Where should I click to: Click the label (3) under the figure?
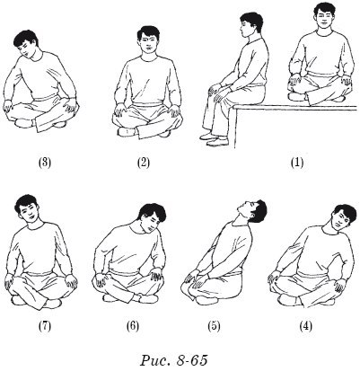point(45,163)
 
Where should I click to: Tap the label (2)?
point(144,163)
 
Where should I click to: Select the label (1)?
point(297,163)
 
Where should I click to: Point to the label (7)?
point(45,326)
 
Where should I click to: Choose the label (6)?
point(133,326)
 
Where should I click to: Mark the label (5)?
point(214,326)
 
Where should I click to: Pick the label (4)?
point(306,326)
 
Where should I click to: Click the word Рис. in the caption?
point(155,360)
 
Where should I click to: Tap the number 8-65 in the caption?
point(192,360)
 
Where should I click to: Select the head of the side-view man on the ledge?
point(250,26)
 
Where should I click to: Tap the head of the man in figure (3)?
point(26,44)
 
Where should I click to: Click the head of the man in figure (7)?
point(29,209)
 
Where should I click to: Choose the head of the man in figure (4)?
point(344,217)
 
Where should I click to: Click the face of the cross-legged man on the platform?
point(324,18)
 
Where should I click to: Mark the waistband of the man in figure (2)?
point(147,105)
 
